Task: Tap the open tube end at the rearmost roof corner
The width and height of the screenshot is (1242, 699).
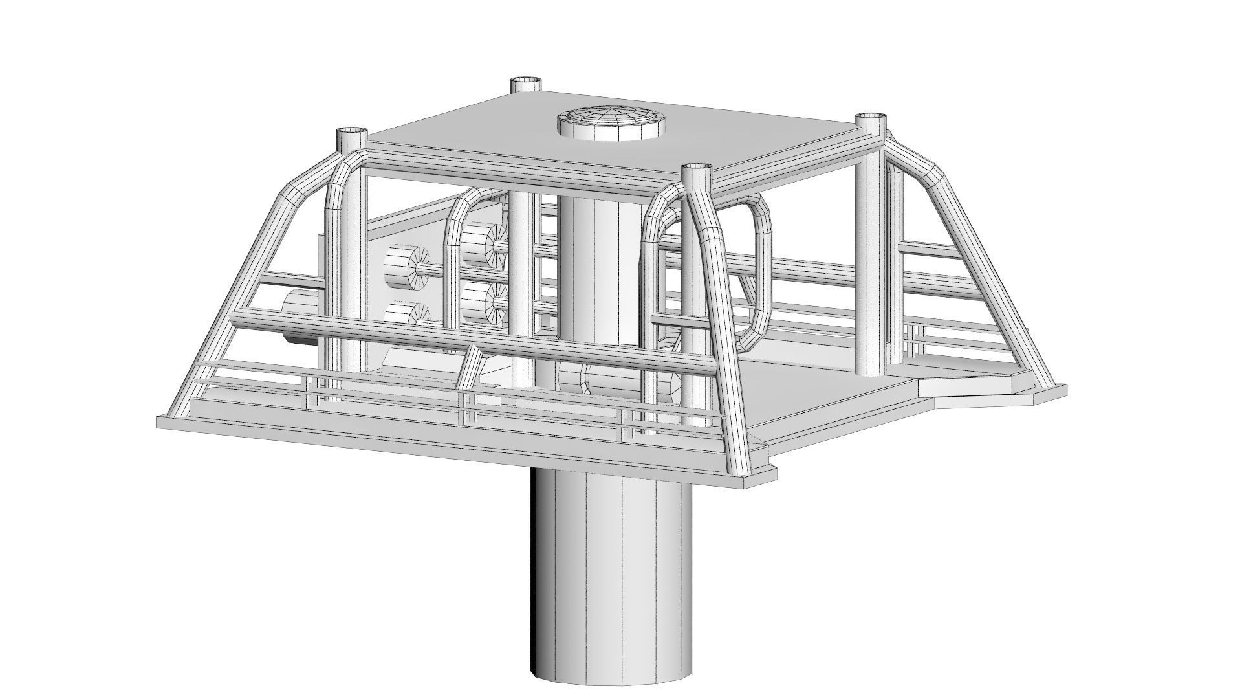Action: click(x=526, y=83)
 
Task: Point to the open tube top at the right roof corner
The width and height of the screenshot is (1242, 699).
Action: click(x=872, y=120)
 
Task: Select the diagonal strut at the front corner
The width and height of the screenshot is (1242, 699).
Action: click(x=728, y=343)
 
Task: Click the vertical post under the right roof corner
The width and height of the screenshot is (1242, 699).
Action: click(x=870, y=259)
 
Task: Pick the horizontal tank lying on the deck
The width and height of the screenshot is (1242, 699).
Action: click(x=621, y=382)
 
